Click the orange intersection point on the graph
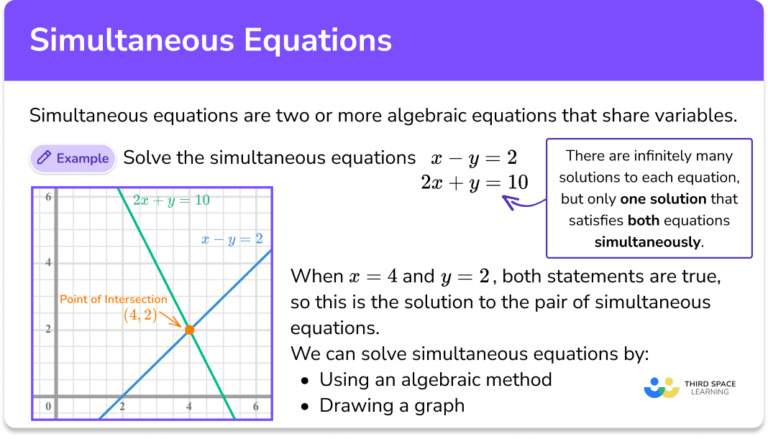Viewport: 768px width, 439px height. [190, 330]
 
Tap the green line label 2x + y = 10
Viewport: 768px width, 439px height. [171, 200]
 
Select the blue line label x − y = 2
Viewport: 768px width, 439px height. [232, 239]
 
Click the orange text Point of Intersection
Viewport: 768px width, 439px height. [113, 299]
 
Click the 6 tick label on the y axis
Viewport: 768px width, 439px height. [48, 197]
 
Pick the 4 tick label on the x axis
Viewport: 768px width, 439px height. [189, 406]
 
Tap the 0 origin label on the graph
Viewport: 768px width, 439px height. [48, 406]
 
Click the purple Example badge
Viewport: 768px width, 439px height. [73, 158]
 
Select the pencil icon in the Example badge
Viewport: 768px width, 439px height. [44, 157]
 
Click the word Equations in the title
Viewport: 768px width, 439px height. [318, 40]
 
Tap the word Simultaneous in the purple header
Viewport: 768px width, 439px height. [132, 40]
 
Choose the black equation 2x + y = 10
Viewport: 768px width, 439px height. [474, 182]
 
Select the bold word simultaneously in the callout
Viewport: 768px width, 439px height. [647, 242]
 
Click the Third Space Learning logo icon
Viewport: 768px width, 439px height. [662, 388]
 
